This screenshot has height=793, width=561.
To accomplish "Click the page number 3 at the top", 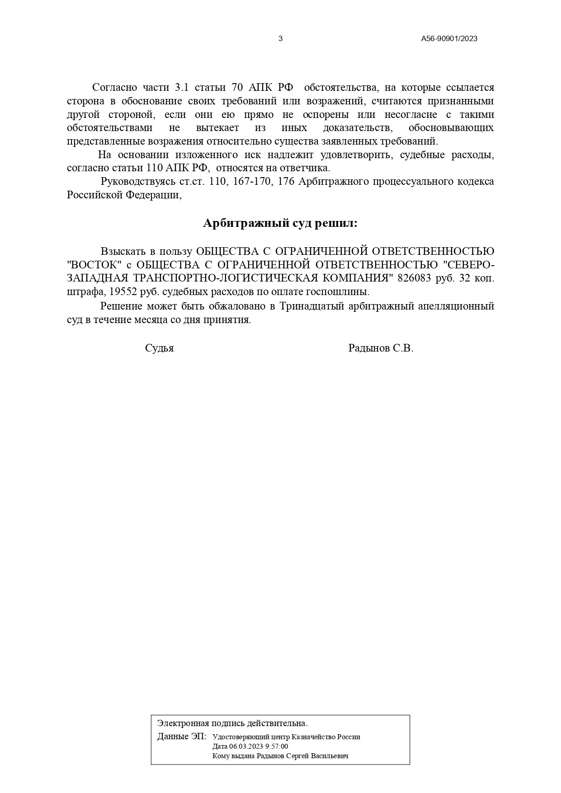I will click(280, 39).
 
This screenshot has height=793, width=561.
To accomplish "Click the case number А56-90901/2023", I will click(449, 39).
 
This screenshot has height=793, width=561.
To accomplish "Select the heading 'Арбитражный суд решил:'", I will click(280, 223).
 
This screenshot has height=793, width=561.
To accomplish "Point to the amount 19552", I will click(123, 291).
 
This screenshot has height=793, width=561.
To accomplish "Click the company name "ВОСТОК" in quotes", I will click(95, 264).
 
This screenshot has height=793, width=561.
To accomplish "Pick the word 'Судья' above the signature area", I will click(159, 348).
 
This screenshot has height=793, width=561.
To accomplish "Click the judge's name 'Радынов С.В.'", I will click(381, 348).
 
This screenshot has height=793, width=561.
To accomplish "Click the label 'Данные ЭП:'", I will click(181, 737).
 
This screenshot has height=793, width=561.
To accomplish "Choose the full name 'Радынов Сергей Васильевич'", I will click(302, 755).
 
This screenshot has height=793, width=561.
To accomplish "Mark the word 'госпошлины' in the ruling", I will click(345, 291).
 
